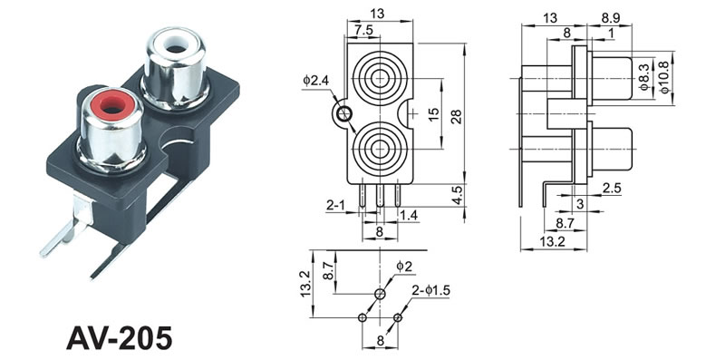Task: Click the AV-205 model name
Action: pos(120,338)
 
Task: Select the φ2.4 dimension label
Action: pos(315,81)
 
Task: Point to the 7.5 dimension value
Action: pos(363,30)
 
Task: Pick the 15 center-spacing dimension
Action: pos(434,114)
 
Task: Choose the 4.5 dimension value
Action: pos(457,194)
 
